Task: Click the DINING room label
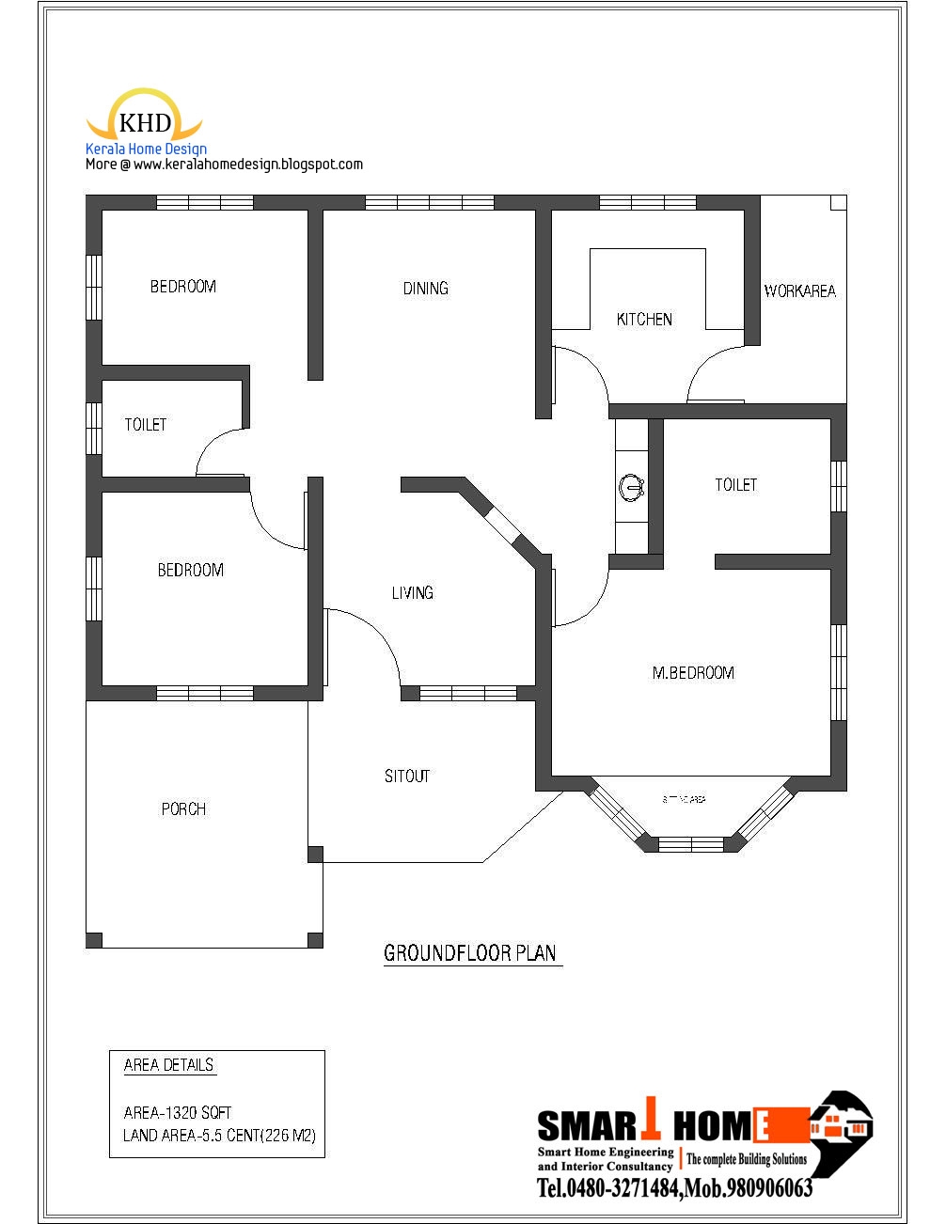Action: [425, 289]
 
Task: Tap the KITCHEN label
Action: [644, 320]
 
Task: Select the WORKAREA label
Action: [799, 291]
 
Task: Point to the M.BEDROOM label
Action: [693, 673]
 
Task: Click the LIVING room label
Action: [412, 592]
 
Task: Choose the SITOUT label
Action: [407, 776]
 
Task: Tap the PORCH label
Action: [183, 808]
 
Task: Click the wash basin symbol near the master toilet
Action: [631, 487]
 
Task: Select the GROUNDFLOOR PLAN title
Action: [471, 953]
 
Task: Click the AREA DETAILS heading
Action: [169, 1065]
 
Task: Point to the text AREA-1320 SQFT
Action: [178, 1112]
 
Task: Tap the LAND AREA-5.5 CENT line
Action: [219, 1136]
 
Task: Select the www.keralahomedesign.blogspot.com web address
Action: [248, 165]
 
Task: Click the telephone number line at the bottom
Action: [674, 1189]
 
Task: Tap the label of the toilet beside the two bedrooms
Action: [146, 425]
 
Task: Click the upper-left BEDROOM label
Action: [183, 287]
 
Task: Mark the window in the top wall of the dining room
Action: [429, 202]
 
